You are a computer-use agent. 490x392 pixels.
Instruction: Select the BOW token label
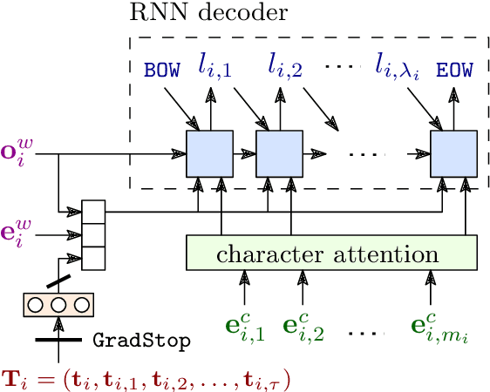(164, 67)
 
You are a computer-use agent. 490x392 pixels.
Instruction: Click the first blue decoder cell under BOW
(209, 152)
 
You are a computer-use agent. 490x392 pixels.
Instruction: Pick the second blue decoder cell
(278, 152)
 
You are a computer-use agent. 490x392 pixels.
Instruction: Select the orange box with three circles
(58, 305)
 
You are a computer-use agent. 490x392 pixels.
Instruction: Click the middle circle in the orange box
(58, 305)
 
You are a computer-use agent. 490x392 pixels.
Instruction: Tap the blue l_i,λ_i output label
(398, 65)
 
